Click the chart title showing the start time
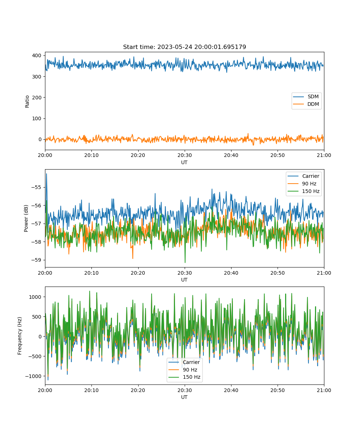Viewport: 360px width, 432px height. click(184, 47)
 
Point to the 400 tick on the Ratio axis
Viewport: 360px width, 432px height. click(37, 55)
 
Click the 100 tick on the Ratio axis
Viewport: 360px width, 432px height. click(37, 118)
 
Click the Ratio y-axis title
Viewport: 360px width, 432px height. click(27, 102)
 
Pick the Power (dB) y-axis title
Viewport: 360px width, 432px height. click(26, 218)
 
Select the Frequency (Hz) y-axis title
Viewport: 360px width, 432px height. click(20, 336)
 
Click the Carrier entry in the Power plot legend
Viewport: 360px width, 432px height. click(303, 176)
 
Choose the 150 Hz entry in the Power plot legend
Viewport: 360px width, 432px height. click(303, 191)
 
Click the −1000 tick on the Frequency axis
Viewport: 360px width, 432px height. click(33, 376)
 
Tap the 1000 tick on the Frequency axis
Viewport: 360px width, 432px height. click(35, 297)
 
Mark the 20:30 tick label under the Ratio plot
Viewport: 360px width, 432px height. click(185, 155)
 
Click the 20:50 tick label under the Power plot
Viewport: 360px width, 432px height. click(278, 273)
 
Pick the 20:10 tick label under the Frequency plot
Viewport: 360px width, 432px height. click(91, 390)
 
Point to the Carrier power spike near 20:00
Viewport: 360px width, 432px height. click(46, 174)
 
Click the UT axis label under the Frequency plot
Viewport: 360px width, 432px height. click(184, 397)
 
